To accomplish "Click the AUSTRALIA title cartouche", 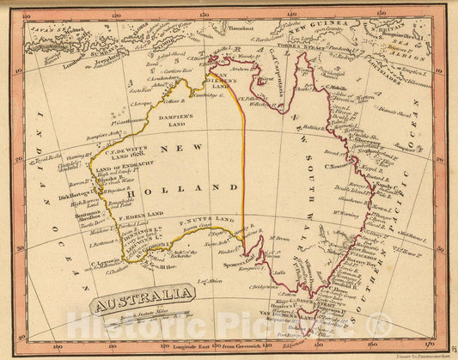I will click(x=143, y=303).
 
